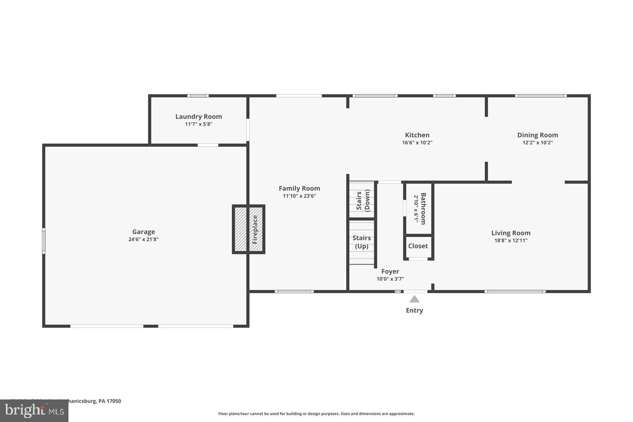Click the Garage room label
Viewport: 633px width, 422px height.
point(143,232)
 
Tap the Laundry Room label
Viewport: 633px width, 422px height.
point(199,116)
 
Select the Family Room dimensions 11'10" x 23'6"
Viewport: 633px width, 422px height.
point(299,196)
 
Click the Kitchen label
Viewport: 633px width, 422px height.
point(417,135)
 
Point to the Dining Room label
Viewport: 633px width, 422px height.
point(537,135)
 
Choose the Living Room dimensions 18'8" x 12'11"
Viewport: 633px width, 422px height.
point(511,240)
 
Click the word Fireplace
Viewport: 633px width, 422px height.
point(255,229)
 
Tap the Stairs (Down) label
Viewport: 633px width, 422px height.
point(363,201)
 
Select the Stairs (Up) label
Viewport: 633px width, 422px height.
point(362,242)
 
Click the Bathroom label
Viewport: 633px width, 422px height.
point(423,208)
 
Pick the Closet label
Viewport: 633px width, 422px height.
point(418,246)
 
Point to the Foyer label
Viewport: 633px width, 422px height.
point(390,271)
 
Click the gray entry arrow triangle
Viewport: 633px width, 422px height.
point(414,299)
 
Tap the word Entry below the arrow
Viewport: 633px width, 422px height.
point(414,310)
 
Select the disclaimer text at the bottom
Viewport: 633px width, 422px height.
point(316,414)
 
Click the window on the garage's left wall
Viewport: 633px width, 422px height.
point(44,240)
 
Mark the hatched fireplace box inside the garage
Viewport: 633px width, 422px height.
point(240,229)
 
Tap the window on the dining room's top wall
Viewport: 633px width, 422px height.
point(540,96)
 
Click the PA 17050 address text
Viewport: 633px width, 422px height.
point(109,401)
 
